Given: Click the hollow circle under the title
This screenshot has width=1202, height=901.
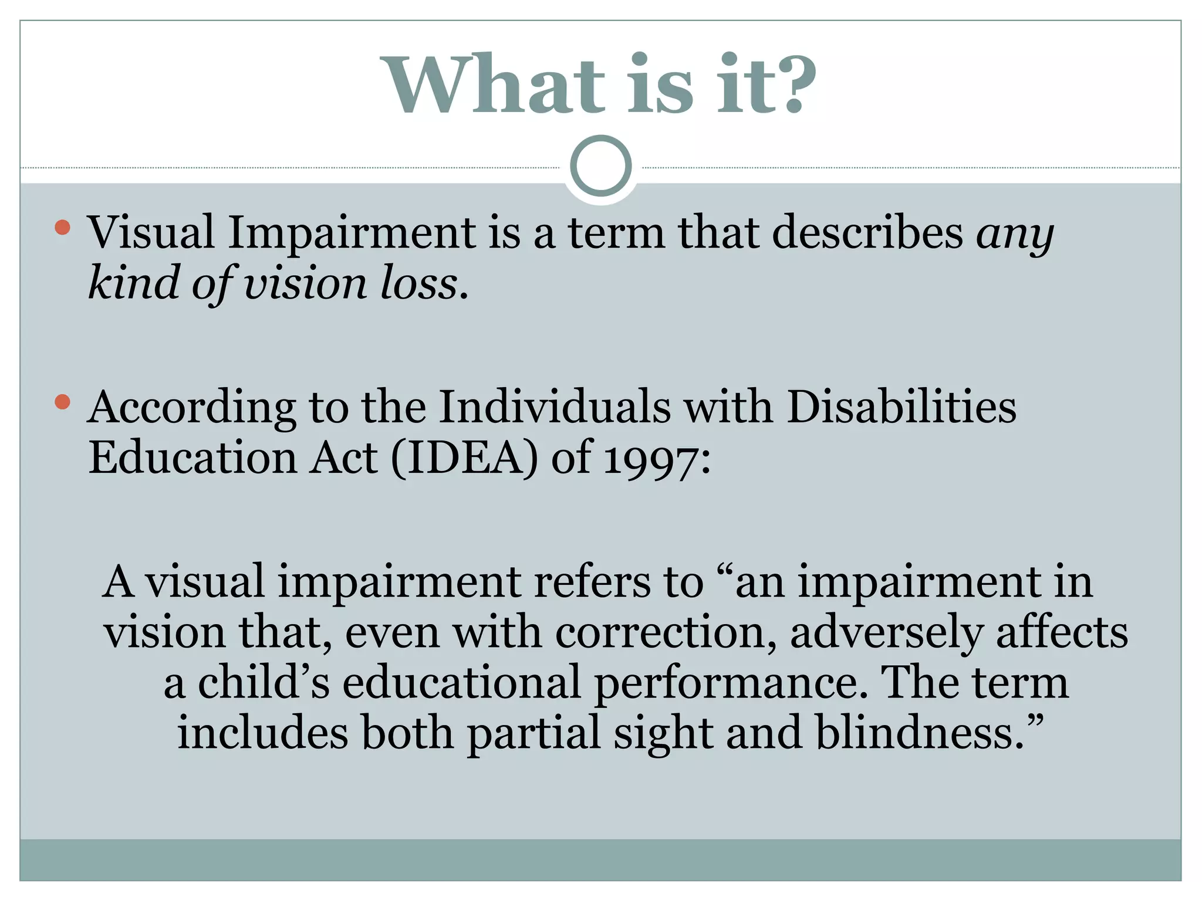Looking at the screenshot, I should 601,166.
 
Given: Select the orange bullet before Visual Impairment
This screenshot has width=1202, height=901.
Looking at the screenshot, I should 63,227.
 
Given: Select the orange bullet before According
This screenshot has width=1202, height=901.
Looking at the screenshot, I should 63,402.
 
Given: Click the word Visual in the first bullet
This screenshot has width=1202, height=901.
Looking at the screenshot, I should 151,233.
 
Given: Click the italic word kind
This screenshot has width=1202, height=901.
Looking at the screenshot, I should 133,283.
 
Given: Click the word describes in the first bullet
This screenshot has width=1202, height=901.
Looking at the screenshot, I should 867,233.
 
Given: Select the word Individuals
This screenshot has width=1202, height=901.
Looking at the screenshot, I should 555,407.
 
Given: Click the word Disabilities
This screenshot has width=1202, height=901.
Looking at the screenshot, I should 901,407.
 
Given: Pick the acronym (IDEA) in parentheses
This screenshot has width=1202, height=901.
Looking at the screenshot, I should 464,458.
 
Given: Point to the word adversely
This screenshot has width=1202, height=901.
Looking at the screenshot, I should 886,634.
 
